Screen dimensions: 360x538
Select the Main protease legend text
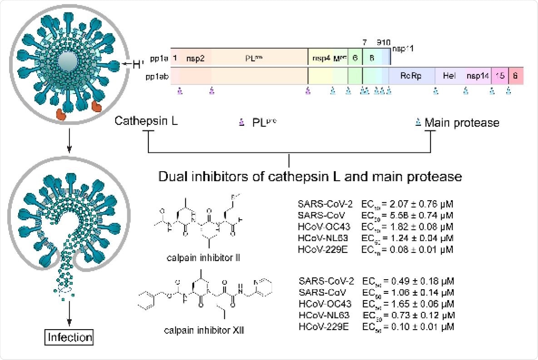(462, 123)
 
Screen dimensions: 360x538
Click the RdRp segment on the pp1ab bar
(411, 76)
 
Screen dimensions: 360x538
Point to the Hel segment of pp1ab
(449, 76)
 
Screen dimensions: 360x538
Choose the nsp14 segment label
(478, 76)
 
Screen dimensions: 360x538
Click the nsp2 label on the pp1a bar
(196, 58)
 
